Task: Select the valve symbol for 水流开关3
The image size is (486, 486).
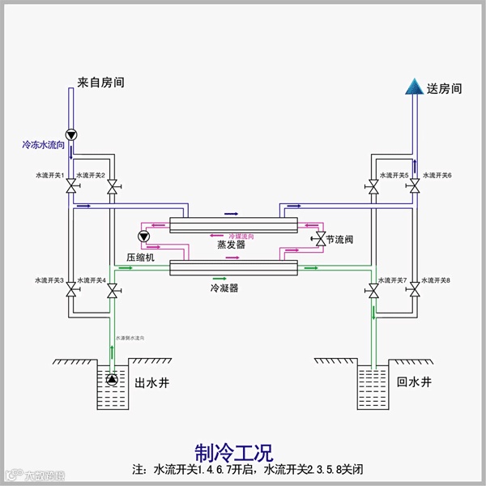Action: pos(71,289)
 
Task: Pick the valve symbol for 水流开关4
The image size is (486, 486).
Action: pos(112,289)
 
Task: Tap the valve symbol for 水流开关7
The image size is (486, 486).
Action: pos(373,289)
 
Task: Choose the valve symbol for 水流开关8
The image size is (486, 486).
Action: pos(414,289)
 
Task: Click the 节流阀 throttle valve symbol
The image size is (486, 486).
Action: pos(319,240)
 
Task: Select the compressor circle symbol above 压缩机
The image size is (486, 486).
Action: pos(145,237)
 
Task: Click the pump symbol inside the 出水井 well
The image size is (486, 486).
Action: pos(110,379)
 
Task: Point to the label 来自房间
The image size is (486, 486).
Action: pos(101,83)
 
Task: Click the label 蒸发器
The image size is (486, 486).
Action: pos(231,244)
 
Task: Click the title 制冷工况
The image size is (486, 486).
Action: pos(234,450)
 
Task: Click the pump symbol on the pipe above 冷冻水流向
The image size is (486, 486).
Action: pos(71,134)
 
